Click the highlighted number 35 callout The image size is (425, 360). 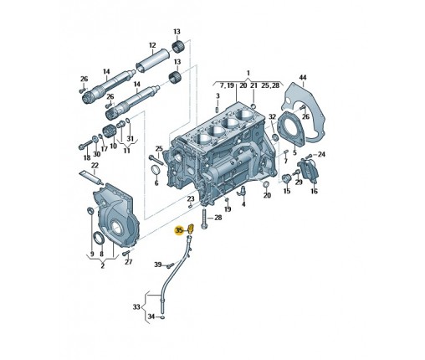point(178,230)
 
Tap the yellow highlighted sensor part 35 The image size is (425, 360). point(191,229)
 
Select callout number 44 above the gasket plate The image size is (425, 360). point(303,77)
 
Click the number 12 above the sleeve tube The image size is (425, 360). point(152,45)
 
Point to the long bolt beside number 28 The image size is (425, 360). point(203,220)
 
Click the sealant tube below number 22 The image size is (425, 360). point(91,178)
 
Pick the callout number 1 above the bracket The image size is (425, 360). point(248,74)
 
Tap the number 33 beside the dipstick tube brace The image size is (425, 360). point(136,307)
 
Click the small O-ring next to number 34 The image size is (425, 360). point(162,317)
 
